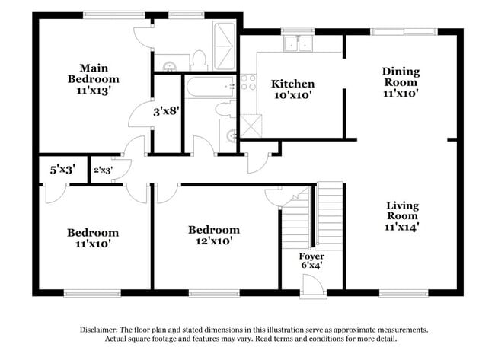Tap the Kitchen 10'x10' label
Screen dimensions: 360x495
(293, 89)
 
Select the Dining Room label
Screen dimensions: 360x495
(401, 82)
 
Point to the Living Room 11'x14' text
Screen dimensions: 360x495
(403, 215)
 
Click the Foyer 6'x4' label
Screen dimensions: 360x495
(311, 261)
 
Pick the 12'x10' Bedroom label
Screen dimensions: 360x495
(214, 234)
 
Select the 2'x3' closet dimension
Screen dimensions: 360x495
(102, 170)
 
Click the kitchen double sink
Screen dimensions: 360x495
(298, 44)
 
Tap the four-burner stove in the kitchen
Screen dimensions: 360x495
(248, 82)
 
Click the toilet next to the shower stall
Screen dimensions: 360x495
(200, 59)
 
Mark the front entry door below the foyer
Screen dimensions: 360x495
(311, 287)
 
